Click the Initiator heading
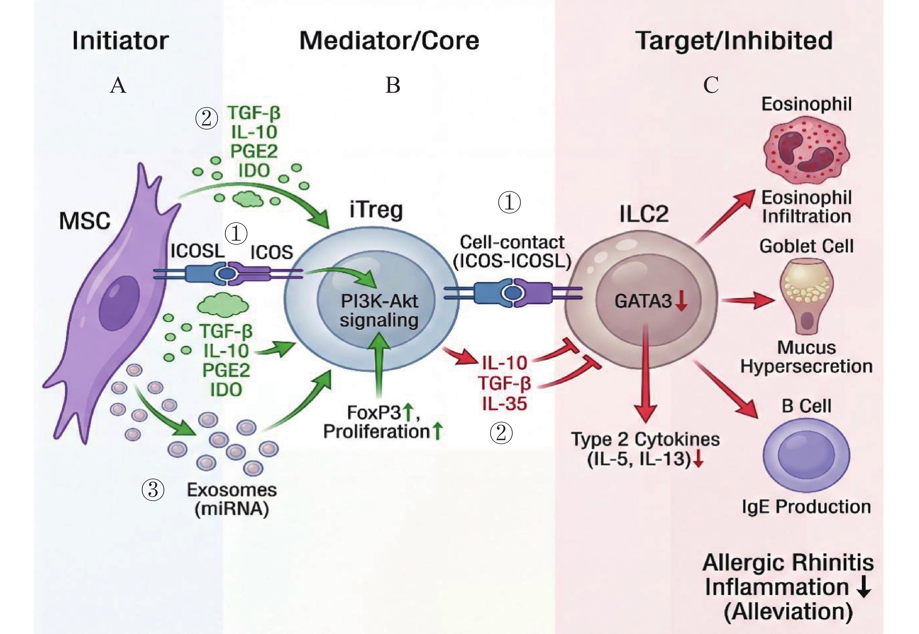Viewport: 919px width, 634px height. click(x=120, y=41)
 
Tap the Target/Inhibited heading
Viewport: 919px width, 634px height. click(x=733, y=41)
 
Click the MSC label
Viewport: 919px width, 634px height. click(x=85, y=221)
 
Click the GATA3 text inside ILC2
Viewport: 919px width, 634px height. click(x=643, y=301)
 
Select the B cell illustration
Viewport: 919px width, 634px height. click(x=806, y=455)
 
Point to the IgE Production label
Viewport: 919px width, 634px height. click(x=806, y=507)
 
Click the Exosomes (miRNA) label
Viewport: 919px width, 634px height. click(x=232, y=499)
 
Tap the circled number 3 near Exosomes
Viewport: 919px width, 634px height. click(x=153, y=490)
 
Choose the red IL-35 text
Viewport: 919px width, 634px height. click(x=504, y=404)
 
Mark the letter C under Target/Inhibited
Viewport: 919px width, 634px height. click(x=711, y=85)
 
